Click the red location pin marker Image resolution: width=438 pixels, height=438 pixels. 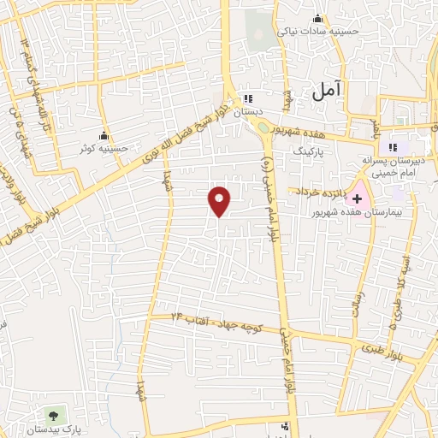220,200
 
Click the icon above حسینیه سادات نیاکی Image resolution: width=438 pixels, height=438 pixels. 318,19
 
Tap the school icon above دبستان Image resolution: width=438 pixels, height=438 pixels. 248,98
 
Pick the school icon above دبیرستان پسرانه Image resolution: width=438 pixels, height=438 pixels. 395,143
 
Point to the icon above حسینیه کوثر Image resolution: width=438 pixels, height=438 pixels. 104,134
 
